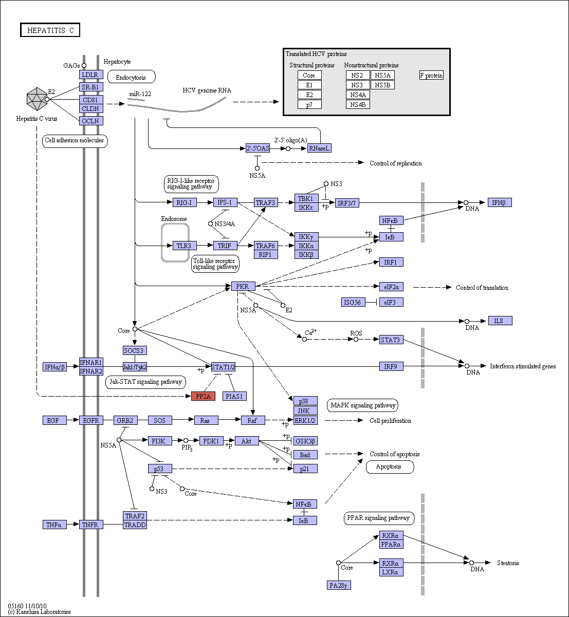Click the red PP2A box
[204, 396]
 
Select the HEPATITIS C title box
[50, 30]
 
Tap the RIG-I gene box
[185, 202]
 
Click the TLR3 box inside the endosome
[184, 246]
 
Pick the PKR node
[243, 286]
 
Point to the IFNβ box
[500, 202]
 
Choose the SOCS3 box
[135, 350]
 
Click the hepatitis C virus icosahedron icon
[37, 99]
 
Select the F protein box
[431, 75]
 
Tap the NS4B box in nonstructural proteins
[358, 104]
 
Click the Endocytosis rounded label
[131, 77]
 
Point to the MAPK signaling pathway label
[362, 405]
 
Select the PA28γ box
[339, 585]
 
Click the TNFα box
[54, 525]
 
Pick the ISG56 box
[353, 302]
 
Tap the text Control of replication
[395, 163]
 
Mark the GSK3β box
[305, 441]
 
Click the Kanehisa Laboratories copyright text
[40, 612]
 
